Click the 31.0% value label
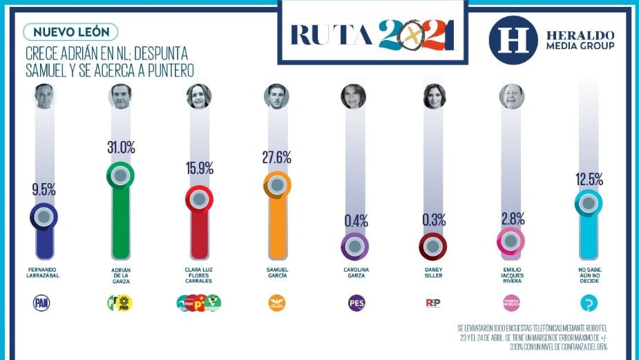pyautogui.click(x=121, y=147)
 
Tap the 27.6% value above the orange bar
pyautogui.click(x=277, y=158)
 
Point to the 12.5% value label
pyautogui.click(x=588, y=179)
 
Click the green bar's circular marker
pyautogui.click(x=120, y=176)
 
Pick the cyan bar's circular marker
pyautogui.click(x=588, y=203)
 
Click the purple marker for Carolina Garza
pyautogui.click(x=354, y=245)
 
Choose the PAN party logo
pyautogui.click(x=43, y=303)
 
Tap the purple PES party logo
pyautogui.click(x=355, y=303)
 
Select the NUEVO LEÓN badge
pyautogui.click(x=70, y=32)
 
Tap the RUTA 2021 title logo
pyautogui.click(x=373, y=35)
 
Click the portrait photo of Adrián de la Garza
pyautogui.click(x=120, y=96)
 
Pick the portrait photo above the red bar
pyautogui.click(x=198, y=96)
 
